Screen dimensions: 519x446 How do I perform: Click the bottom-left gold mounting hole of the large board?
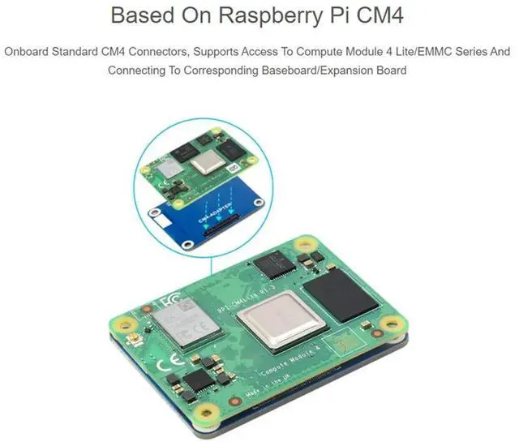click(x=207, y=413)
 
